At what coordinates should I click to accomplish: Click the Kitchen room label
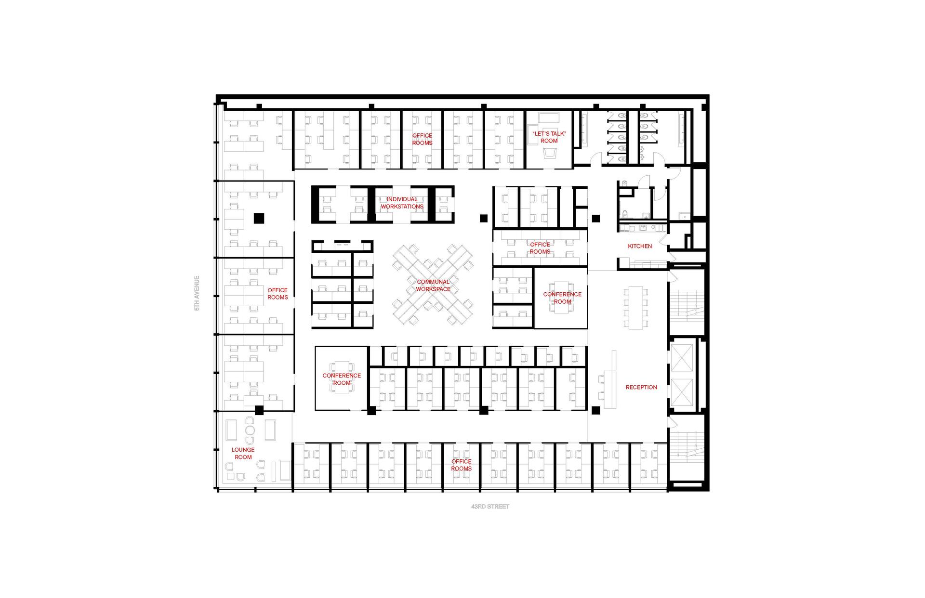640,246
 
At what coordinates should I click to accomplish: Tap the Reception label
641,387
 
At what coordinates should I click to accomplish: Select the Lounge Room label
243,454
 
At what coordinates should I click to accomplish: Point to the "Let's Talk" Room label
549,137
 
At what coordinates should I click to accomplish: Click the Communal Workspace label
433,286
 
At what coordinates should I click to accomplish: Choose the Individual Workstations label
402,203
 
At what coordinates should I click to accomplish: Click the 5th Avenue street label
197,293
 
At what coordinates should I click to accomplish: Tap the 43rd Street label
490,507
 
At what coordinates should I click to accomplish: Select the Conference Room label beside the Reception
562,298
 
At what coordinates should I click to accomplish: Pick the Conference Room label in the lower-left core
342,379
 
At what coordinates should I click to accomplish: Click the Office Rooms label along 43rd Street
462,465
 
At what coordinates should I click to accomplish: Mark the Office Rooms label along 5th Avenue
278,294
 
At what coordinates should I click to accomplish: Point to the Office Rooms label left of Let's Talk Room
423,139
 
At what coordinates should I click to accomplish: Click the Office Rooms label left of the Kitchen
540,248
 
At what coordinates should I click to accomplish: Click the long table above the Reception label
636,308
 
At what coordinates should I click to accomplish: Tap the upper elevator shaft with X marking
682,358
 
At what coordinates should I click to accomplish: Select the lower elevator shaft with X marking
682,392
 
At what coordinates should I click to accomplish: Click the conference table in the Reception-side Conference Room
562,298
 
